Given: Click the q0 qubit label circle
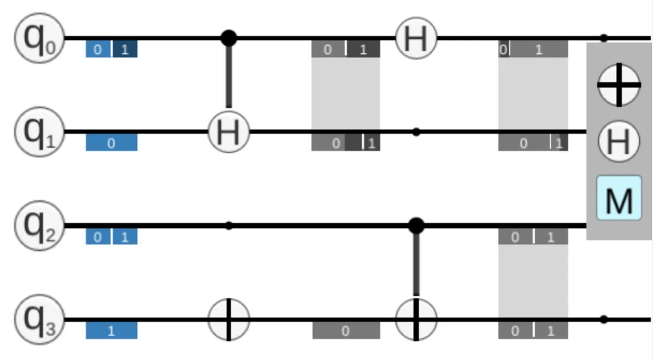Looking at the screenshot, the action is pos(39,38).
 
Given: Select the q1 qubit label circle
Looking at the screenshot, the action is pos(39,132).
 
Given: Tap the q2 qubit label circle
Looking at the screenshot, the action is pos(39,226).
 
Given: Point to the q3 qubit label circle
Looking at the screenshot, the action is pos(39,320).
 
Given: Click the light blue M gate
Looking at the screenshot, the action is pos(619,198).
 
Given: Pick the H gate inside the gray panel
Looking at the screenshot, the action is pos(619,141).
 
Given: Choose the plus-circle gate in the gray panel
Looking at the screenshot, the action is pos(619,85).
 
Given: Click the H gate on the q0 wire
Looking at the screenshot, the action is pos(416,38).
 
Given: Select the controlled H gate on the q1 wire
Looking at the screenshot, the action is pos(229,132).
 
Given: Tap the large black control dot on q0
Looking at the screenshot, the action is pos(229,38).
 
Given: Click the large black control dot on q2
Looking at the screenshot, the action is pos(416,226).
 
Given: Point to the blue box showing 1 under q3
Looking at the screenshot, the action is pos(112,331).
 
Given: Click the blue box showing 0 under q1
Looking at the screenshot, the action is pos(112,143).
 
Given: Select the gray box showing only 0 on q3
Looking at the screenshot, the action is pos(346,331).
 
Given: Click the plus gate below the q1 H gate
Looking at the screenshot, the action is pos(229,320).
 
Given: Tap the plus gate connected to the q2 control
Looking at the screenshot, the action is pos(416,320).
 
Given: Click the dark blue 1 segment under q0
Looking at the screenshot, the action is pos(125,49).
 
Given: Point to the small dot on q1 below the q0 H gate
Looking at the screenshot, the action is pos(416,132).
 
